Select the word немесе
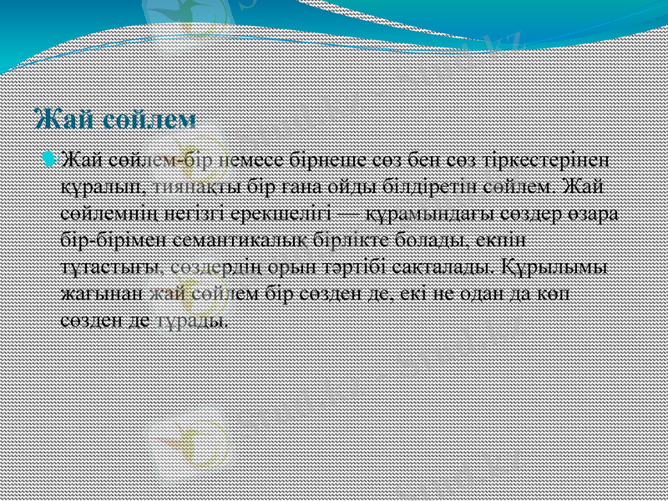click(x=255, y=159)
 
